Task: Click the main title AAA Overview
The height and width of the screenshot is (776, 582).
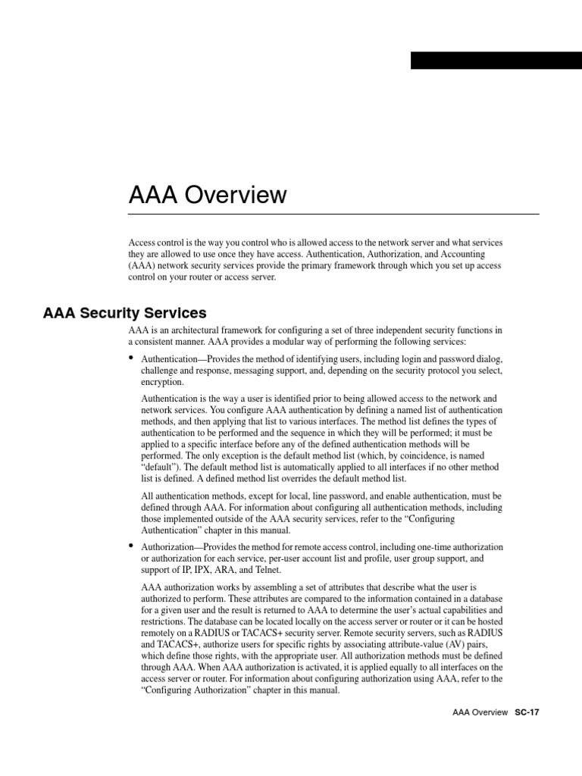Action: point(208,196)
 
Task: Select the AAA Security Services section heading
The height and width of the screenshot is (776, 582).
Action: point(125,312)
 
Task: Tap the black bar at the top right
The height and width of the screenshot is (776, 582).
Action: point(496,61)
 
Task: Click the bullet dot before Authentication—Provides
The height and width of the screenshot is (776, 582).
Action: point(131,357)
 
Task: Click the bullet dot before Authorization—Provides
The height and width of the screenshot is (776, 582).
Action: point(131,545)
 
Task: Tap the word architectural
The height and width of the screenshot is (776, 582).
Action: point(199,330)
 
